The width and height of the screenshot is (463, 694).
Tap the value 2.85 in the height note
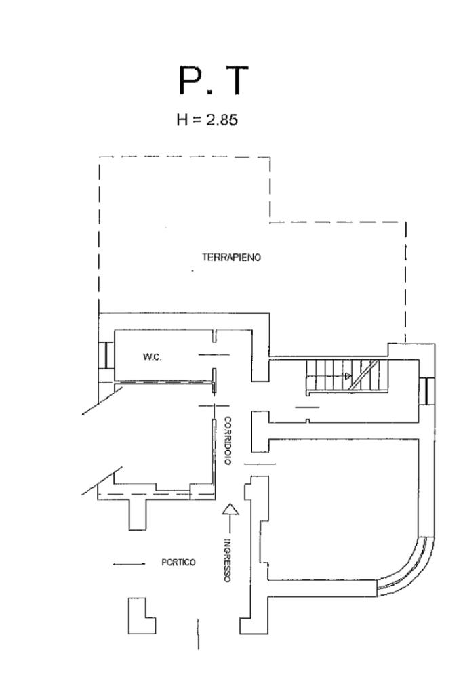(223, 120)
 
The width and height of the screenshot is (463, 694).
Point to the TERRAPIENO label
(232, 258)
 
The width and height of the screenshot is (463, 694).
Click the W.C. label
(151, 357)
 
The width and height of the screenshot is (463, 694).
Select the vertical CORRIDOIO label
(228, 440)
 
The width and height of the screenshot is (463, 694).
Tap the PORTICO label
(178, 563)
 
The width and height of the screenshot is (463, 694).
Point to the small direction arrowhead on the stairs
(348, 375)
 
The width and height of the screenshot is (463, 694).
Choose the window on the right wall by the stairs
(426, 390)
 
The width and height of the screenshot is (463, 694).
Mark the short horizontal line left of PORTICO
(129, 563)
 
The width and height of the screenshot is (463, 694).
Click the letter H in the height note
(181, 120)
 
